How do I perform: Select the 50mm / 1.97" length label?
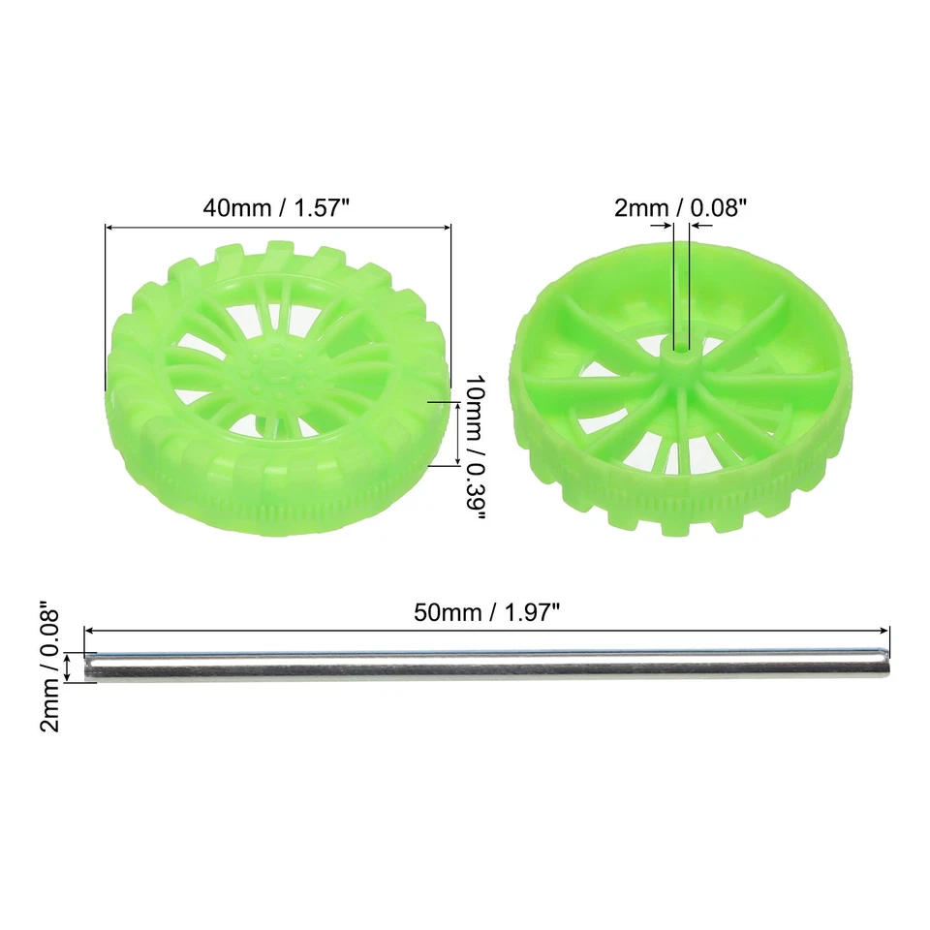click(487, 611)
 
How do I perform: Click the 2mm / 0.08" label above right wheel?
click(681, 206)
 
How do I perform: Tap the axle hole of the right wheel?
click(680, 346)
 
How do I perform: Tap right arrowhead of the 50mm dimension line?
click(884, 630)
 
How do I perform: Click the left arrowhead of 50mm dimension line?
click(90, 630)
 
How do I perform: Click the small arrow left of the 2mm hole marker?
click(666, 226)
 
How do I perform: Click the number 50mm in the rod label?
click(441, 611)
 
